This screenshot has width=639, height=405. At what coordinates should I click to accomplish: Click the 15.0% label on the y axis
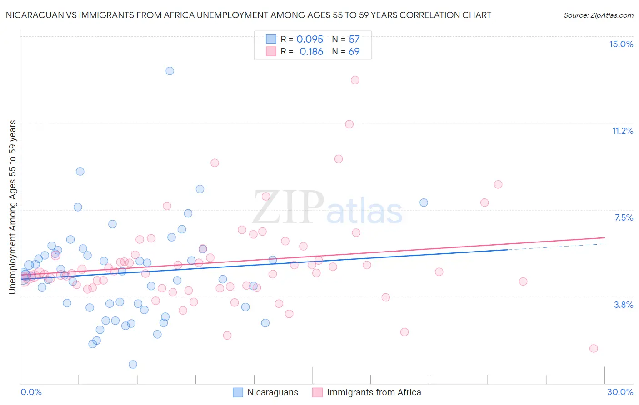point(621,44)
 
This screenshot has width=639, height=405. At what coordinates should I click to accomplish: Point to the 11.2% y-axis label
point(622,131)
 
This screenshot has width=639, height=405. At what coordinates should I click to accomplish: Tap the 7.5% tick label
point(624,217)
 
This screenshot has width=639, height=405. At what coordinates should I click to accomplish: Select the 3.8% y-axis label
point(624,305)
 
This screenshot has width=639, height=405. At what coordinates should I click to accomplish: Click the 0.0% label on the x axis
point(31,392)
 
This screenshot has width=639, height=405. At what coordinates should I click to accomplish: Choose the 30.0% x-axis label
point(620,392)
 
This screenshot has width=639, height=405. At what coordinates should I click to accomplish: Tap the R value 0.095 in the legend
point(310,40)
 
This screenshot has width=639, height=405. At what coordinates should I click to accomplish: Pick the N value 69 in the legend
point(354,52)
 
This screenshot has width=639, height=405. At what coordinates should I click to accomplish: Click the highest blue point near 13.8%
point(170,71)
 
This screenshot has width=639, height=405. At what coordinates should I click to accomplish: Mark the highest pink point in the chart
point(355,80)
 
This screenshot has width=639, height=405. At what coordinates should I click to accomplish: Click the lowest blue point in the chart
point(133,364)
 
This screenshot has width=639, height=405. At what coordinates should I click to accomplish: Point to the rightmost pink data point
point(594,348)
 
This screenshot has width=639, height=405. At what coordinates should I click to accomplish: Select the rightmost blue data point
point(424,202)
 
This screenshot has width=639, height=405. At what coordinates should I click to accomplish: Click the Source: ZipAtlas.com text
point(598,15)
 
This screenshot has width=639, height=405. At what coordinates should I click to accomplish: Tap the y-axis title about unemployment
point(13,207)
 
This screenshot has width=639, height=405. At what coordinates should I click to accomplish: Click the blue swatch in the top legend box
point(271,39)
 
